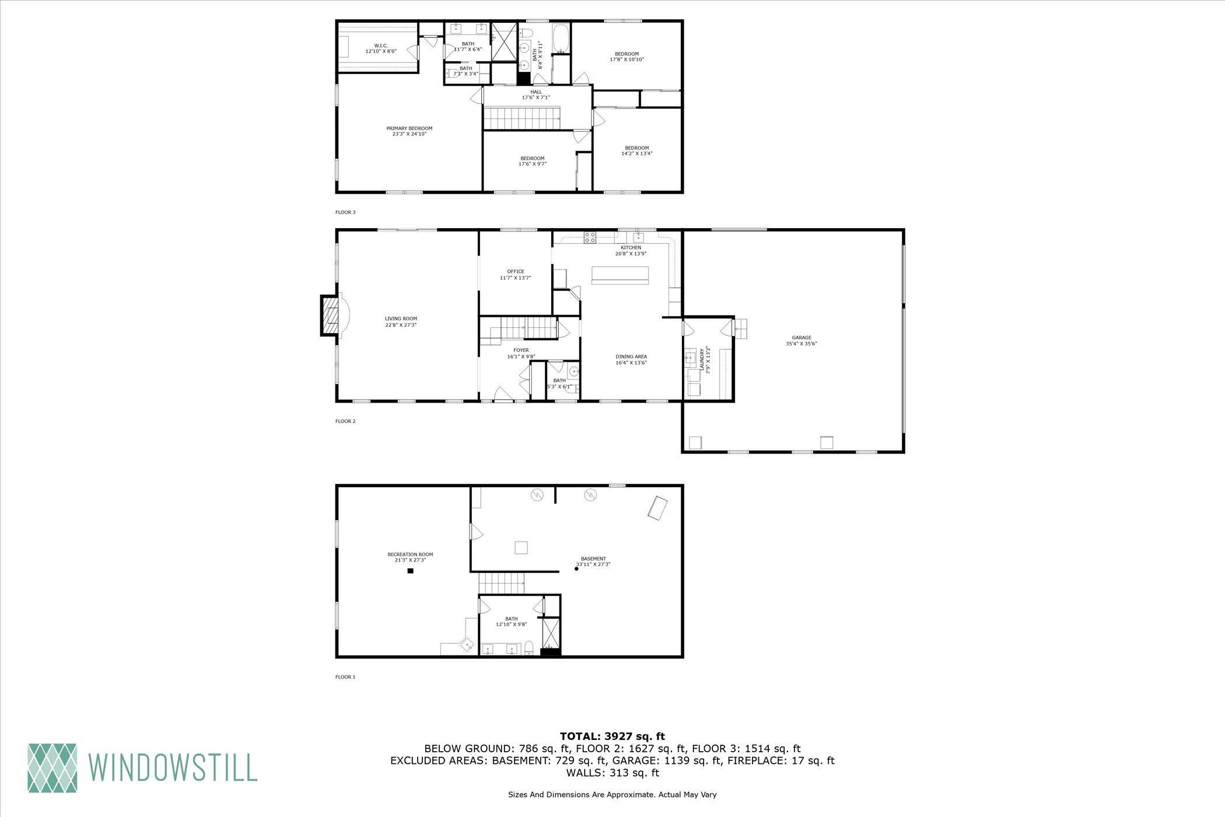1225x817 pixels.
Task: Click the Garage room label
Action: (x=801, y=341)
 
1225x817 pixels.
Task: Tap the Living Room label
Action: (x=401, y=322)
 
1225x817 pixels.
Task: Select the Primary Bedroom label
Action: (x=409, y=131)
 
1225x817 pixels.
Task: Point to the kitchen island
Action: (x=620, y=275)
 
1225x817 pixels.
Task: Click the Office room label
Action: (x=516, y=275)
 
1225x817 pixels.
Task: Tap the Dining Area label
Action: (x=631, y=359)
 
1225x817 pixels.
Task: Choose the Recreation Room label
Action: (x=410, y=557)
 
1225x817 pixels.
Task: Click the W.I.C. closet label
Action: (x=381, y=48)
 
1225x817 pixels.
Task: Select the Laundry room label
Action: (x=705, y=360)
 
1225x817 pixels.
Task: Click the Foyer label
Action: (x=521, y=354)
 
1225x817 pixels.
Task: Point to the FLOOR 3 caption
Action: (x=345, y=212)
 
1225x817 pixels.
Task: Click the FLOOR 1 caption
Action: (x=345, y=677)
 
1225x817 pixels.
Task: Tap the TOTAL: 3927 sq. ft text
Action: (x=612, y=736)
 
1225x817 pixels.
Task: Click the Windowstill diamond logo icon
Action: (x=52, y=767)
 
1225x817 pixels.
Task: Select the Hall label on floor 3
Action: (x=536, y=95)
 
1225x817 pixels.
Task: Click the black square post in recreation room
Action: (x=410, y=571)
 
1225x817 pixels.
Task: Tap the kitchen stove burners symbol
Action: (x=590, y=236)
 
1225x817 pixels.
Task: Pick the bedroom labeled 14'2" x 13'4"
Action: (x=637, y=151)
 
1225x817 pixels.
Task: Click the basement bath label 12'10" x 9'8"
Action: (x=512, y=622)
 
